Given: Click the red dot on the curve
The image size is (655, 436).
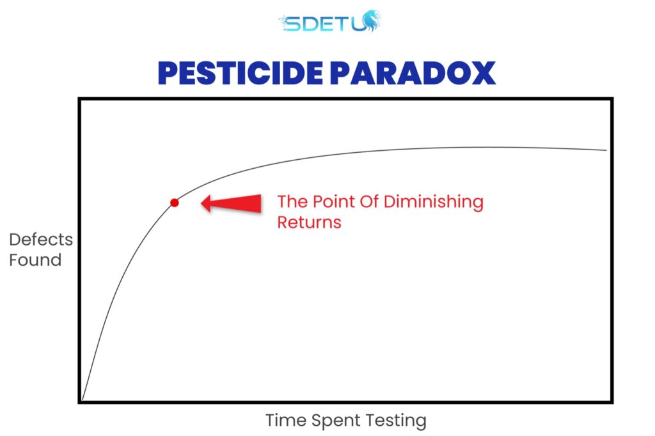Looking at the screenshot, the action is (x=175, y=203).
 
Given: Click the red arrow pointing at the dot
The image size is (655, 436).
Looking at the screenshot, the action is (x=231, y=203).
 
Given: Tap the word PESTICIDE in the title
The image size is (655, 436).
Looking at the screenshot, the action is (x=241, y=73).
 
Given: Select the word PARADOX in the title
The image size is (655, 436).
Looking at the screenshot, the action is (x=413, y=73).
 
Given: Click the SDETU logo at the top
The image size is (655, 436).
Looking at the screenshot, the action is (x=330, y=22).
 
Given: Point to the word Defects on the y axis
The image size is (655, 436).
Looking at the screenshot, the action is (x=41, y=240).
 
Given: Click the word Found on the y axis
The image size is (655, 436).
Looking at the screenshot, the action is (x=36, y=260).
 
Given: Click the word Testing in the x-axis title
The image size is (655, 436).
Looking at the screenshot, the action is (x=396, y=421).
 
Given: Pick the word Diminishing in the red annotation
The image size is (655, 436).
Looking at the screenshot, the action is (x=434, y=202).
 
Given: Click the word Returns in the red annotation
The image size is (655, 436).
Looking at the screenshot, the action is (x=309, y=222).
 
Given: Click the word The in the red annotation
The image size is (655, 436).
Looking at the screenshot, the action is (x=292, y=201).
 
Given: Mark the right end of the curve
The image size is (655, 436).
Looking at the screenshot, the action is (x=606, y=150).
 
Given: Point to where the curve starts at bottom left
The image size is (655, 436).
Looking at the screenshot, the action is (x=83, y=400).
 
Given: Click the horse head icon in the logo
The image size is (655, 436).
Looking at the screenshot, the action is (x=370, y=21).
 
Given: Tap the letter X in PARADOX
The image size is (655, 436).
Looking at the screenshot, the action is (x=482, y=73).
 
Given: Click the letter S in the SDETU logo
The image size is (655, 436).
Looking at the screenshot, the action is (x=291, y=24).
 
